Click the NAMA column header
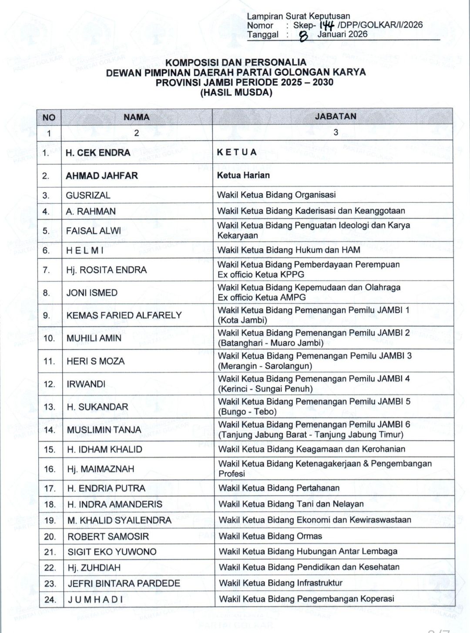[136, 117]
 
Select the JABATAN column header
[336, 116]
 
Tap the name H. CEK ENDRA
[98, 152]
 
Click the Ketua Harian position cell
[243, 175]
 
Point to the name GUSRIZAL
[88, 195]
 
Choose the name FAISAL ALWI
[94, 230]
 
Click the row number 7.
[47, 270]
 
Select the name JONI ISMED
[92, 293]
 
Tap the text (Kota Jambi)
[242, 320]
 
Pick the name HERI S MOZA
[95, 361]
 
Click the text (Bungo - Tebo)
[247, 412]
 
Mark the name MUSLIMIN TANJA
[104, 430]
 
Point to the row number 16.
[50, 469]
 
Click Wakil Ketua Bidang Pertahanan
[279, 488]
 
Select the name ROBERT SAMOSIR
[108, 536]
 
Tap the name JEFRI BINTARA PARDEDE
[124, 583]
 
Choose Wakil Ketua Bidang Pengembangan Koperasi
[306, 599]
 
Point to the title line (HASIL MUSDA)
[236, 92]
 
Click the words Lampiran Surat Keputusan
[298, 16]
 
